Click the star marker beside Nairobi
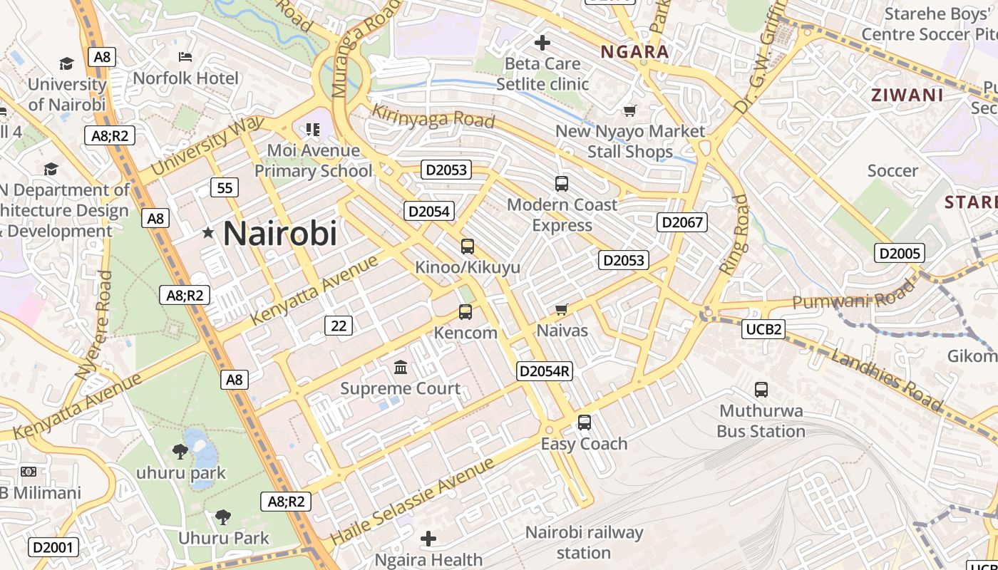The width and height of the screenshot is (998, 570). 208,233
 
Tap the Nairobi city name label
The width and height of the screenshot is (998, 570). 279,234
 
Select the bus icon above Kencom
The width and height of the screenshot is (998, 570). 465,311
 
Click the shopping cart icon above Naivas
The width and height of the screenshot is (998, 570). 562,309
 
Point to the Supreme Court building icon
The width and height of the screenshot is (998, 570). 401,368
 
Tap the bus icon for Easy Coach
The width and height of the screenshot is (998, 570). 585,422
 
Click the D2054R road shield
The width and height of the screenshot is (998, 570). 545,370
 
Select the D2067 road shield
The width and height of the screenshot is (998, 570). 682,222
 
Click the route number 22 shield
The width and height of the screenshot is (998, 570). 339,326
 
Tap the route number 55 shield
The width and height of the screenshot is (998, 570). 225,188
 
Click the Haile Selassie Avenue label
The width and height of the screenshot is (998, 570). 412,502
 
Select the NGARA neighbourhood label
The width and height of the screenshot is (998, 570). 634,51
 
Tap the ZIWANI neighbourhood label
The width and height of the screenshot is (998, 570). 907,95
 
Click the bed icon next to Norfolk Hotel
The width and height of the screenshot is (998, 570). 185,57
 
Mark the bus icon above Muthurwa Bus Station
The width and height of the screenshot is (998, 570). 761,390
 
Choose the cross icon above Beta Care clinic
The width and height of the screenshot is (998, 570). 542,43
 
